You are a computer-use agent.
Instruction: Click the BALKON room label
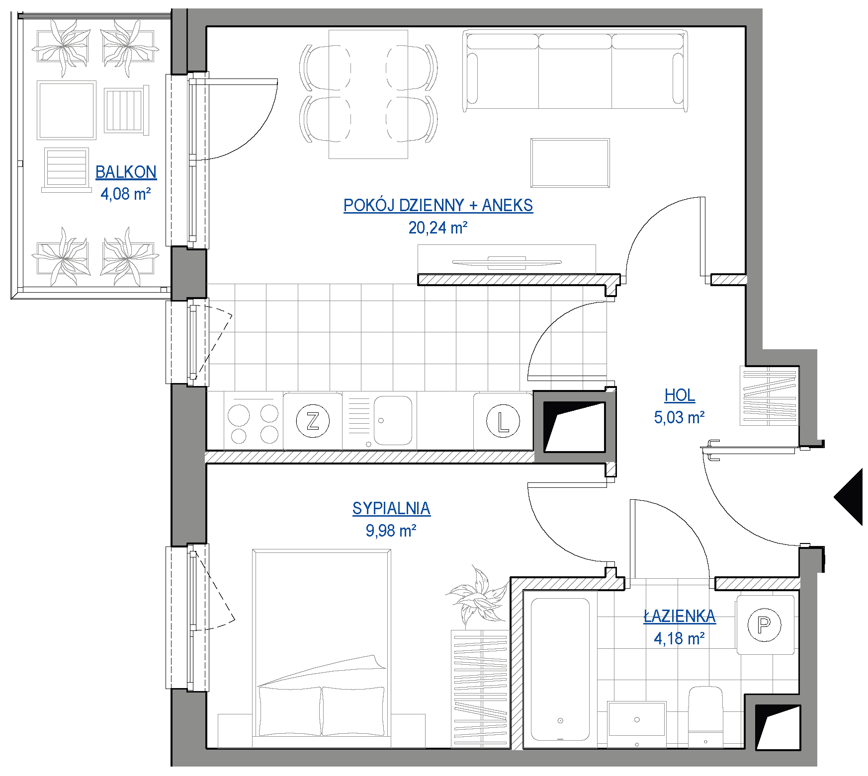coord(126,172)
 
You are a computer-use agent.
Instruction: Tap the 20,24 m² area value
coord(438,228)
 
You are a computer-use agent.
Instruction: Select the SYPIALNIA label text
coord(391,508)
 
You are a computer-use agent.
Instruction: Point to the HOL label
coord(680,395)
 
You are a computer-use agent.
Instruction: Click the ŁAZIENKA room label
coord(680,616)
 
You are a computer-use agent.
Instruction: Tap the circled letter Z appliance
coord(313,421)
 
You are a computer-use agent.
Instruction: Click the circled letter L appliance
coord(503,421)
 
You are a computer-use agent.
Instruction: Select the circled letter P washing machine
coord(765,624)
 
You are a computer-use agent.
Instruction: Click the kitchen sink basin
coord(393,420)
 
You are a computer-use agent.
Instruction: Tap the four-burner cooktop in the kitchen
coord(254,421)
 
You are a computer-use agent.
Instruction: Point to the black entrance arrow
coord(849,497)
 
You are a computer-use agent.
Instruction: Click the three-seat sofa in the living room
coord(575,71)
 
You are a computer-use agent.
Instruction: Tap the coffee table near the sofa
coord(570,163)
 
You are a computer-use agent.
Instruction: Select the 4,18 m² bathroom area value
coord(679,638)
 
